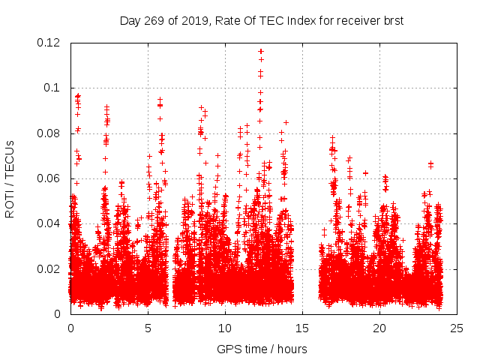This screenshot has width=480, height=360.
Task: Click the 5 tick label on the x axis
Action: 148,328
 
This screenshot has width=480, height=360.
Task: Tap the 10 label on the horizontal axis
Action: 225,328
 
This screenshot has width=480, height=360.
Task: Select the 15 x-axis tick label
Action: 302,328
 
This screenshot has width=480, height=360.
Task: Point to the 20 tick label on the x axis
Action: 379,328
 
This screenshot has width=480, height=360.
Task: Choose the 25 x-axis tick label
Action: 457,328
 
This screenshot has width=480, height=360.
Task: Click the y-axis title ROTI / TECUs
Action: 10,178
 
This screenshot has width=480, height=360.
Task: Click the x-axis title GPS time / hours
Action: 262,349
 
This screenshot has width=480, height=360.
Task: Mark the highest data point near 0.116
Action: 261,52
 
